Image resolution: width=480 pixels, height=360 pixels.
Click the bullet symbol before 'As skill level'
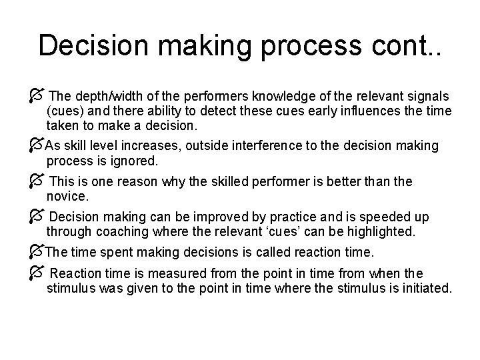point(37,145)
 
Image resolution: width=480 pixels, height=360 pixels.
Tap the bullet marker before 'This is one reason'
point(37,181)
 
